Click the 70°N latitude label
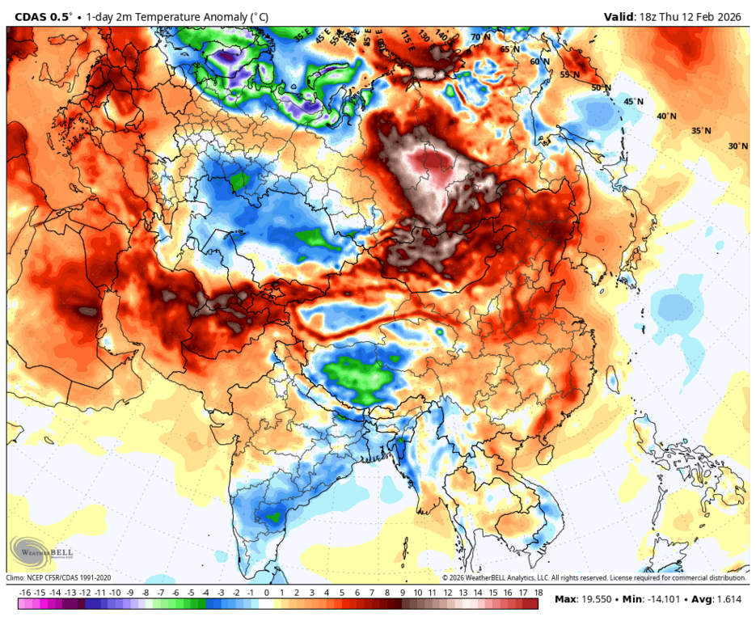tap(481, 37)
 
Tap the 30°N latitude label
tap(737, 146)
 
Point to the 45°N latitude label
tap(633, 102)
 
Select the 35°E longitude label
tap(302, 36)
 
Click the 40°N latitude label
tap(666, 116)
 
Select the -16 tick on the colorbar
tap(25, 594)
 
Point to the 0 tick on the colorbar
tap(266, 594)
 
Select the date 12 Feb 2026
tap(709, 16)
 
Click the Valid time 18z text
tap(650, 16)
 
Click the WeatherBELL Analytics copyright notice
tap(594, 578)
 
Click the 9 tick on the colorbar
tap(401, 594)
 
